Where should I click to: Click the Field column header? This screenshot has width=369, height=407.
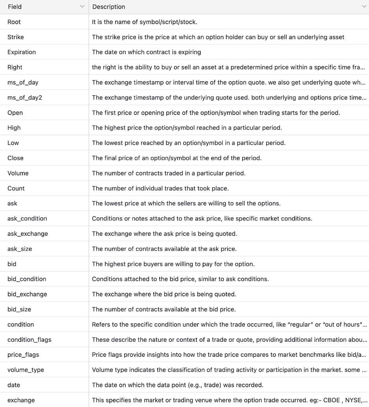15,7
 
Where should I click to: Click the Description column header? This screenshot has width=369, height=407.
108,7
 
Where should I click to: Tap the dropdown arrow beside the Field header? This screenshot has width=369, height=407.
82,7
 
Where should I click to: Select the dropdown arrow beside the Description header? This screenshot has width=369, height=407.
364,7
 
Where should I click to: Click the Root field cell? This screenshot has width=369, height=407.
14,22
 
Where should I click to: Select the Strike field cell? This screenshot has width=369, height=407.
16,37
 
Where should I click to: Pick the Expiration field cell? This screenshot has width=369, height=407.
22,52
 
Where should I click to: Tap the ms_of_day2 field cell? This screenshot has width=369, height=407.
24,98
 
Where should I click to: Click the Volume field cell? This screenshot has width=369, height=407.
18,173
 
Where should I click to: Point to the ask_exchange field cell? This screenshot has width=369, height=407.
28,234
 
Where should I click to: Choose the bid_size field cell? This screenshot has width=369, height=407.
19,309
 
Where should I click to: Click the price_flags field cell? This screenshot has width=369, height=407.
23,354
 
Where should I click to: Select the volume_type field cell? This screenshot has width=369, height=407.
26,370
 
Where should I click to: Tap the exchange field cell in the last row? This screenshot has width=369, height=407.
21,400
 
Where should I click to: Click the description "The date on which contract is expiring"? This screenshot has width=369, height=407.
146,52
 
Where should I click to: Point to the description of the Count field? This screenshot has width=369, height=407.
160,188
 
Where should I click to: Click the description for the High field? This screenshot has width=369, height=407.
187,128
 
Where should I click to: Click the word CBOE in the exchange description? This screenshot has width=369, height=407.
332,400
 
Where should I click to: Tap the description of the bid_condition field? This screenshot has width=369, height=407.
180,279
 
